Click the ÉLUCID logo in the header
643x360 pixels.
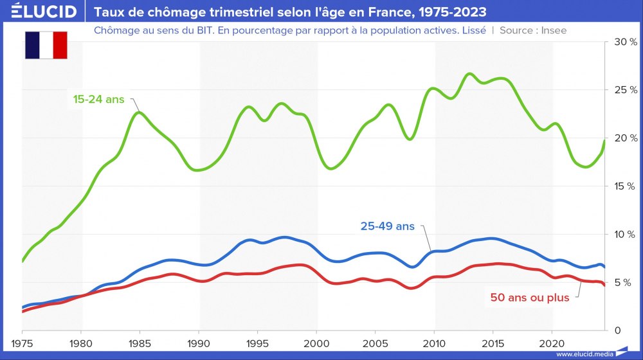[x=44, y=12]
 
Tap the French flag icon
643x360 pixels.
[x=46, y=44]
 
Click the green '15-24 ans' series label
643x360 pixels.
[x=98, y=100]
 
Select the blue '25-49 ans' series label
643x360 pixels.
[x=387, y=226]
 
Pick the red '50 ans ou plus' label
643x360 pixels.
[x=529, y=298]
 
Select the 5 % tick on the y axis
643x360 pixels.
[x=626, y=282]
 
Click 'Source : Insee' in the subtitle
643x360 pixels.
[x=533, y=30]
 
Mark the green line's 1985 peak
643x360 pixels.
[x=139, y=113]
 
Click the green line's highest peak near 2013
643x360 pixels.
[x=469, y=74]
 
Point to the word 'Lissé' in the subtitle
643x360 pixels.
[x=473, y=30]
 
